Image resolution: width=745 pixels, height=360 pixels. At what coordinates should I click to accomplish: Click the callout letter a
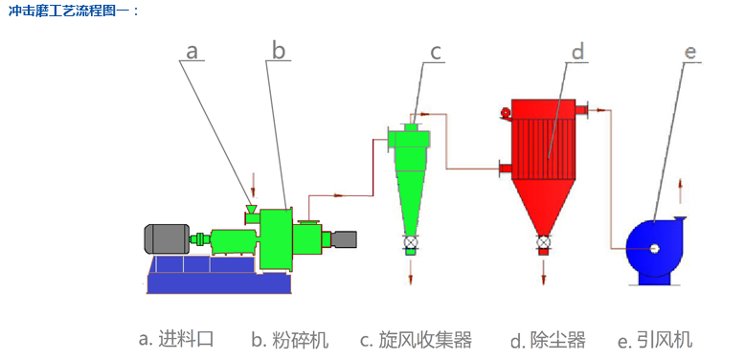pos(192,51)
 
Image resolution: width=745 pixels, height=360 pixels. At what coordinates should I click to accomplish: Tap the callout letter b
pos(279,50)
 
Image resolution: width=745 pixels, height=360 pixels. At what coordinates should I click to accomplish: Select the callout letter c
pos(436,52)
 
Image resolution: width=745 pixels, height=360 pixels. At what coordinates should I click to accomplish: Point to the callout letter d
pos(577,51)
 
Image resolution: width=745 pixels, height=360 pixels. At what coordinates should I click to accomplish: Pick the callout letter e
pos(689,53)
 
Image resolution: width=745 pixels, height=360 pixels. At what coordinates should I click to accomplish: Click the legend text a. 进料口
pos(176,340)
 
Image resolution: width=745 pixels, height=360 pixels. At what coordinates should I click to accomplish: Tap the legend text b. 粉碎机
pos(290,340)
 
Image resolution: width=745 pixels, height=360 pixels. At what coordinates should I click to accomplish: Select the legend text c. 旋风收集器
pos(416,340)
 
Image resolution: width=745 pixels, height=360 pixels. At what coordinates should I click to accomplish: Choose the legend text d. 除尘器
pos(548,340)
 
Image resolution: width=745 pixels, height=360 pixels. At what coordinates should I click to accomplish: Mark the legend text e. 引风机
pos(655,340)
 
